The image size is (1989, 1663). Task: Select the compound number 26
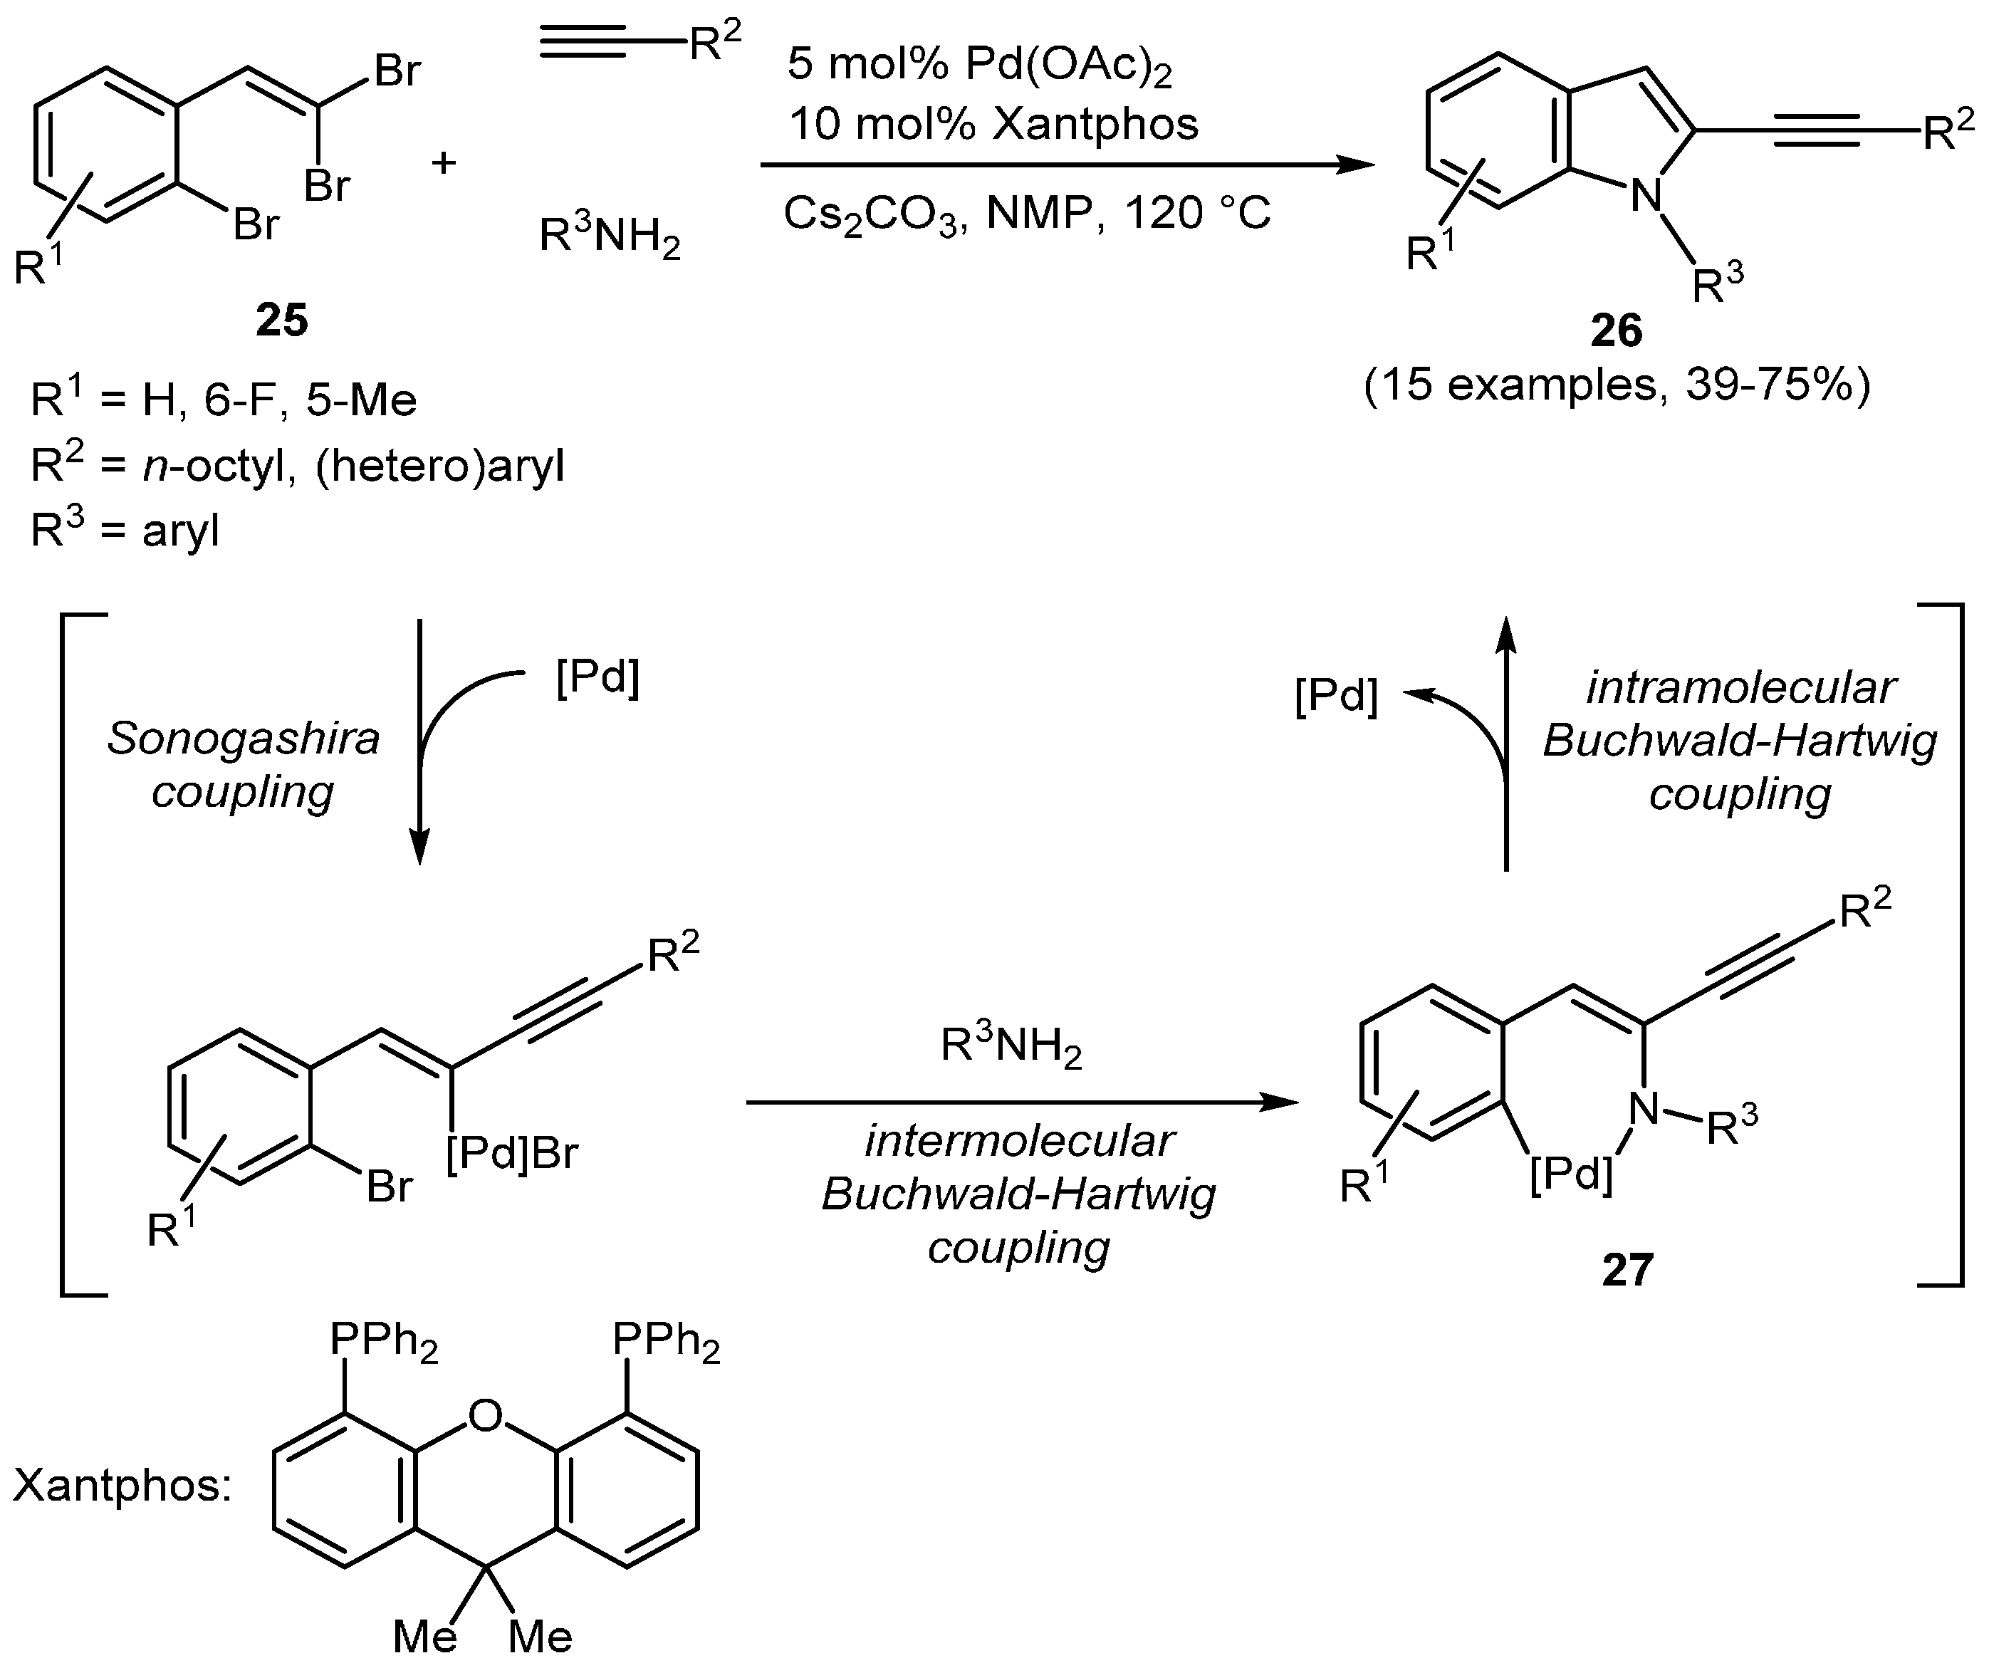click(x=1616, y=330)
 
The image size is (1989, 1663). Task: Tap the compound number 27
click(x=1627, y=1270)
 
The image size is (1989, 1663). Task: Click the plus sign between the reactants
click(x=443, y=163)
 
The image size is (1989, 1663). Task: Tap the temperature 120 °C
click(x=1197, y=213)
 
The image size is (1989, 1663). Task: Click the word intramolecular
click(x=1741, y=687)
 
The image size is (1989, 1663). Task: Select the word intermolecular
click(x=1019, y=1141)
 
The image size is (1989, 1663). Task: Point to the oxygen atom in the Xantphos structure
click(x=485, y=1417)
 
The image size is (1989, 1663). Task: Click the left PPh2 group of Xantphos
click(x=384, y=1341)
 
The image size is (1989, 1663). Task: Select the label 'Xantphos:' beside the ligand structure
click(x=122, y=1485)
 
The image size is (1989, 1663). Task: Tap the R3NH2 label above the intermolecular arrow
click(x=1011, y=1046)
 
